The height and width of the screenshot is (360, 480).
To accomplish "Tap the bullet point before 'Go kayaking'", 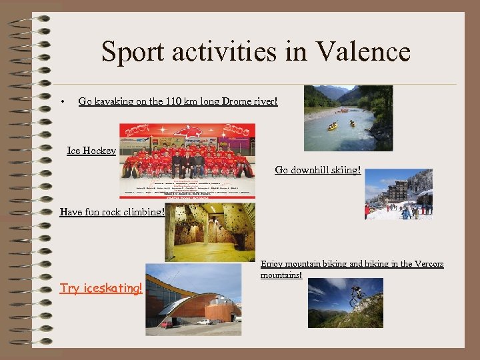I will [x=61, y=102].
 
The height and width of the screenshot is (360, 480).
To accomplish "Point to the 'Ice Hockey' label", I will [x=91, y=151].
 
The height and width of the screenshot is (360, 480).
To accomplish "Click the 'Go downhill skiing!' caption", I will [x=318, y=170].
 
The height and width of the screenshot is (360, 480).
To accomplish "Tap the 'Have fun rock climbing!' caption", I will [x=112, y=212].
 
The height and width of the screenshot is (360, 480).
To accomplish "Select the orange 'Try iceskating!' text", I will [x=101, y=288].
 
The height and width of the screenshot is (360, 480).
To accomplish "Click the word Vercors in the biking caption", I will [x=427, y=264].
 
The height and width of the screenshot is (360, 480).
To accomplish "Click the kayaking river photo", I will [x=348, y=118].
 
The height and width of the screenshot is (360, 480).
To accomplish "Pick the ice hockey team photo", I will [x=187, y=161].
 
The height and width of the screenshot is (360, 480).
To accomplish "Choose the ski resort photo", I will [x=398, y=194].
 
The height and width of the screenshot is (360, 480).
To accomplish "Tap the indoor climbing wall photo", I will [x=209, y=232].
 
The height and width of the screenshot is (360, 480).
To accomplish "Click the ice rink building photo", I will [x=193, y=299].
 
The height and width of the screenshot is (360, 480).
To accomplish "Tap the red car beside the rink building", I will [x=166, y=325].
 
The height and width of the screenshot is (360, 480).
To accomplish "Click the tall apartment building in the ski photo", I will [x=397, y=191].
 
